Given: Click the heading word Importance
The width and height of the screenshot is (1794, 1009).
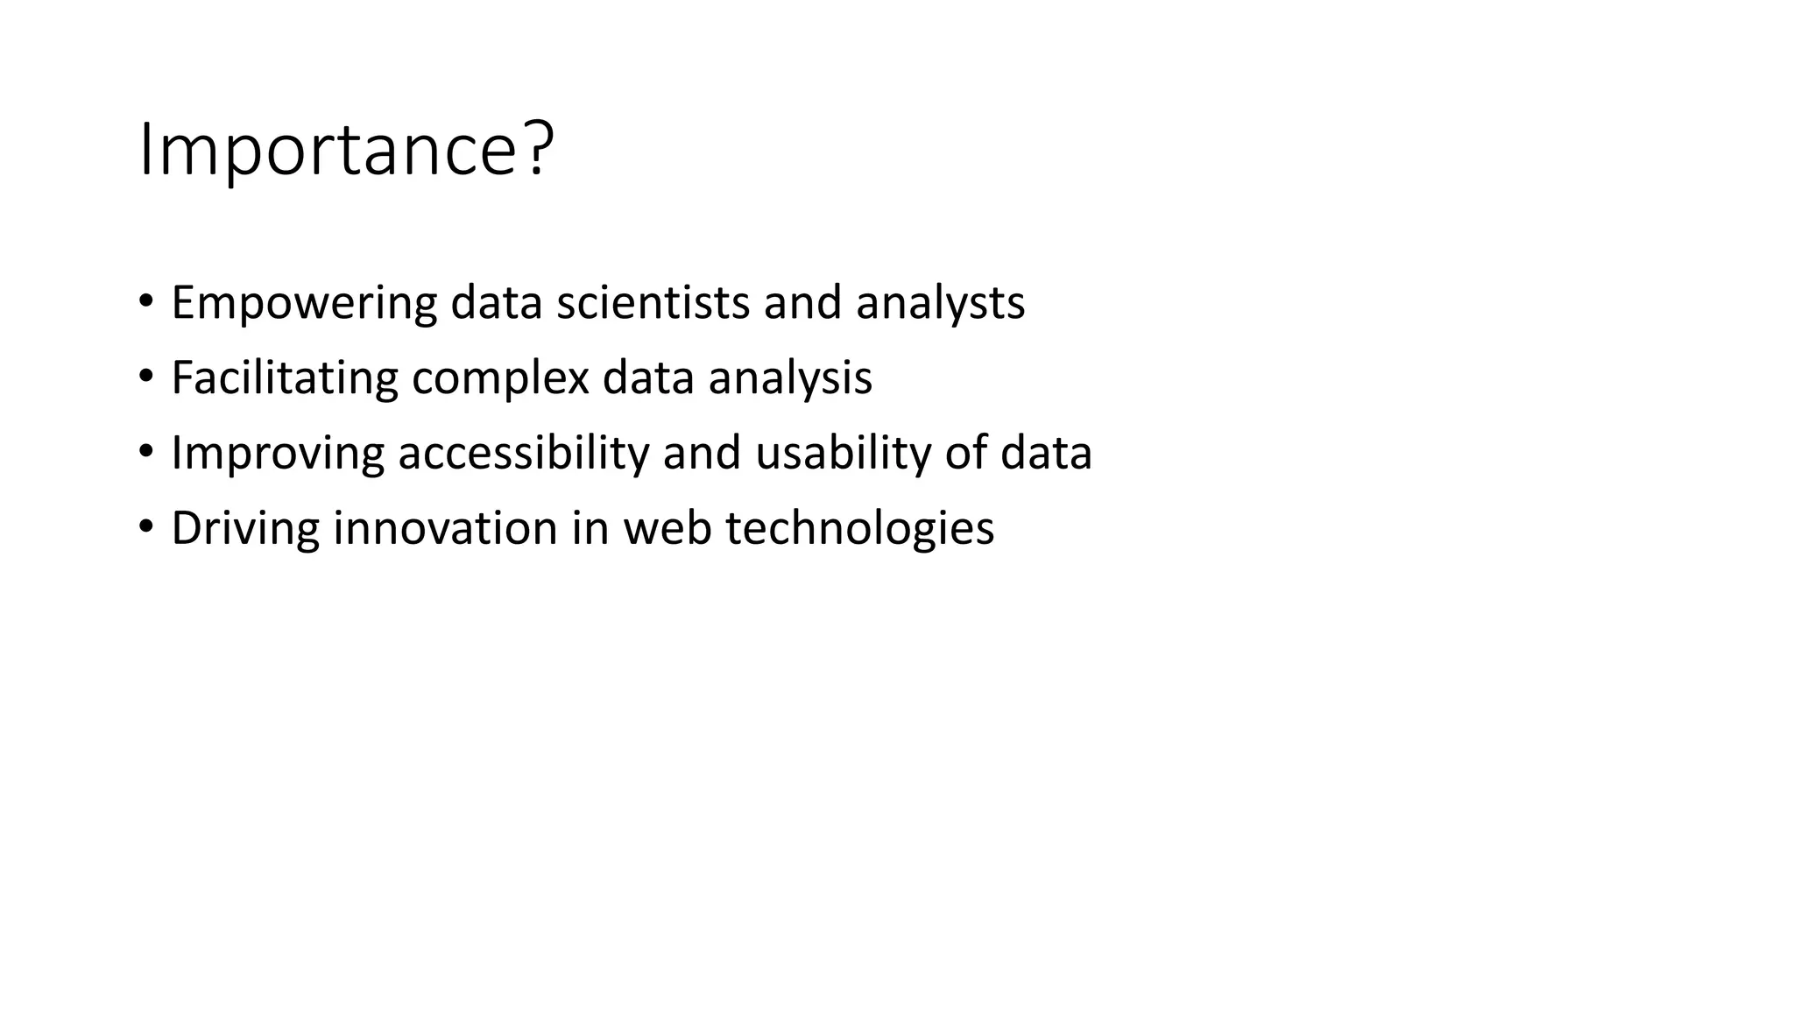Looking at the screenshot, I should point(328,151).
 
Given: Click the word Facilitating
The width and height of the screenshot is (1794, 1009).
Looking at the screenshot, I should point(285,378).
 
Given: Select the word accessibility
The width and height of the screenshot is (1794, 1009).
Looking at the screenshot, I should point(524,454).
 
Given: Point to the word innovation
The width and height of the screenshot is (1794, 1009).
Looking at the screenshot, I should point(446,529).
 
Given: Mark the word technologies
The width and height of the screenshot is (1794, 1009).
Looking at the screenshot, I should point(860,529).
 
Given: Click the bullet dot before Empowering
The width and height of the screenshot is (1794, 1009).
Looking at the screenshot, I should point(145,301).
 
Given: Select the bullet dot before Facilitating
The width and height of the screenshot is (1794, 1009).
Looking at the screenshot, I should point(145,377).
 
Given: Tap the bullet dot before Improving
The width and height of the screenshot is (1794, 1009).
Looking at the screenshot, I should point(145,452).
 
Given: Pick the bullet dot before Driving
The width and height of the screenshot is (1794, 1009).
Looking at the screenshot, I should point(145,527).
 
